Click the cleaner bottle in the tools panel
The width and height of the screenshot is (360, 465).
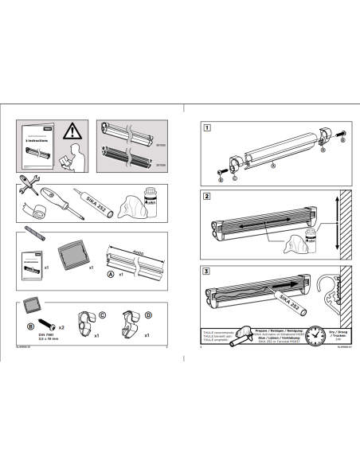(151, 201)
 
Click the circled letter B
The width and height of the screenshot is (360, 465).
(29, 326)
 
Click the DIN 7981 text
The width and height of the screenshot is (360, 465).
(45, 336)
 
